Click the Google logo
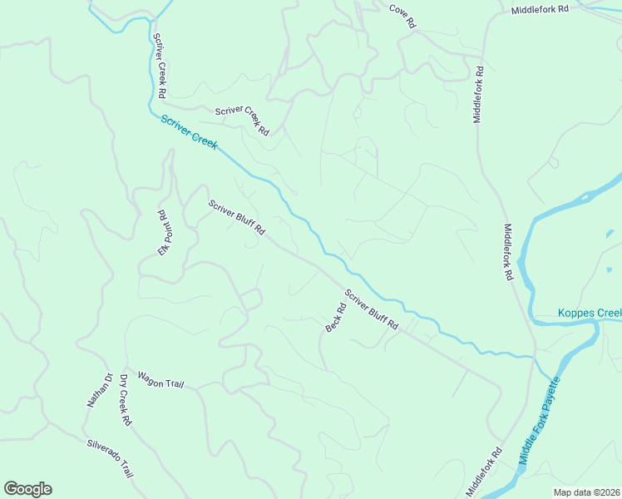(27, 489)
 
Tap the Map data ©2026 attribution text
(586, 492)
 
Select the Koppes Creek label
(589, 314)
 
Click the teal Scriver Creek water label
(189, 131)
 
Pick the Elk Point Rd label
(164, 232)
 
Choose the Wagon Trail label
(160, 380)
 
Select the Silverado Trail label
(110, 457)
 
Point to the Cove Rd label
(402, 16)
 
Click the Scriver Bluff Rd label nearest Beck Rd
(372, 310)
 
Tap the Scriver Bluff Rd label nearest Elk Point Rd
(236, 217)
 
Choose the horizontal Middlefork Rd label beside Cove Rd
(540, 9)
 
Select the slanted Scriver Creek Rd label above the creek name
(242, 121)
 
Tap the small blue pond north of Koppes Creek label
(610, 269)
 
